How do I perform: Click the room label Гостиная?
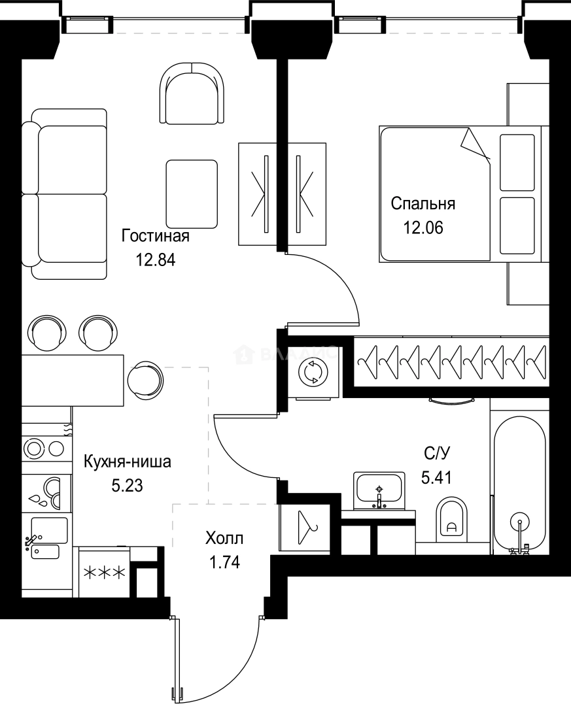click(156, 236)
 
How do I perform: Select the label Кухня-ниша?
click(128, 462)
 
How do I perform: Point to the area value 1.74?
click(224, 562)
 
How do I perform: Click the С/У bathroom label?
click(436, 452)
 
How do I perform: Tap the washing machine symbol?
click(311, 373)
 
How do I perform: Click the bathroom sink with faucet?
click(379, 490)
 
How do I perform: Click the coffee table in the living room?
click(191, 193)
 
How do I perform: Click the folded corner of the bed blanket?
click(476, 144)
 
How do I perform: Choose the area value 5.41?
click(436, 477)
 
